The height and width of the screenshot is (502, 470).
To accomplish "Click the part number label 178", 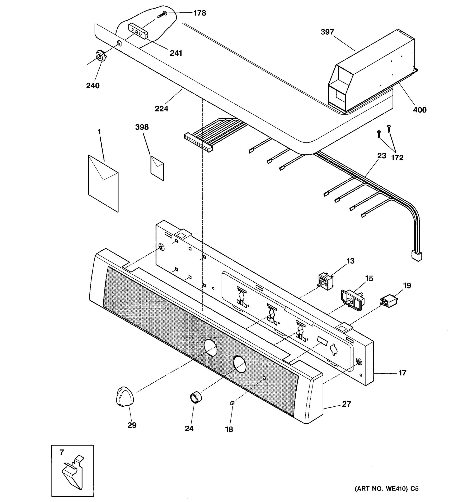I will coord(200,13).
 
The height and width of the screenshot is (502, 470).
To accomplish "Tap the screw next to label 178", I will coord(162,14).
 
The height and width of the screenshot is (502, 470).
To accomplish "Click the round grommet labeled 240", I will coord(100,55).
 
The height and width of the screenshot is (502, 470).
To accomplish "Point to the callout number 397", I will coord(327,32).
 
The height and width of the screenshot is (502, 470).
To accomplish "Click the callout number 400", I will coord(420,110).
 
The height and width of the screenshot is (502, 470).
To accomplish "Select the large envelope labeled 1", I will coord(103,183).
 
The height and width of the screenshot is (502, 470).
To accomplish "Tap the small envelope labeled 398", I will coord(157,168).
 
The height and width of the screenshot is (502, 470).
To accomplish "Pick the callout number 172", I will coord(397,158).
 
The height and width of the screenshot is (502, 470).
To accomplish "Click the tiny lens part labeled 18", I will coord(232,403).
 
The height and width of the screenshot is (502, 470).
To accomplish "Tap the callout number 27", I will coord(346,404).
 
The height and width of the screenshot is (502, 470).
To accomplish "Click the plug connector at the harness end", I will coord(416,256).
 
